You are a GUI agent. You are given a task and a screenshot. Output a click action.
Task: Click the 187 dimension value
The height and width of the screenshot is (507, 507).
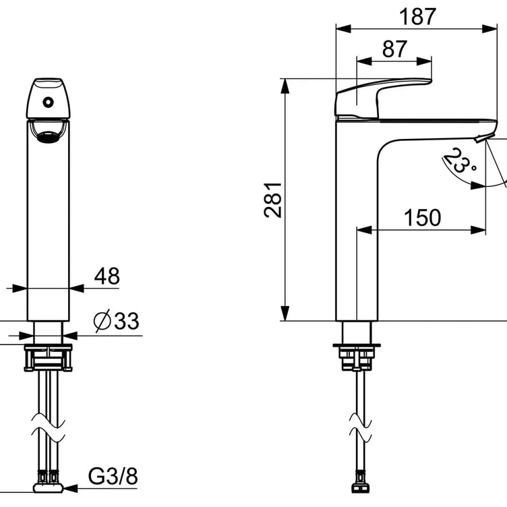417,16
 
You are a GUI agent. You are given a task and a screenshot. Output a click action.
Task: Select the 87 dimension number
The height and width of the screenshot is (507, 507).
394,49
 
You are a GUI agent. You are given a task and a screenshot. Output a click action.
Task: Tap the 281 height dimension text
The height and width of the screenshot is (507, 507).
273,200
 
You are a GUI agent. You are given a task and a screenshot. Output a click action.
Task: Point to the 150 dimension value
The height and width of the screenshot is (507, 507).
422,218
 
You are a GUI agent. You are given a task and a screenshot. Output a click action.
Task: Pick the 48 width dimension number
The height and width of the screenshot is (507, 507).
107,276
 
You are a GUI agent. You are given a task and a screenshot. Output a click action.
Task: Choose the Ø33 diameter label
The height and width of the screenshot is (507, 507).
117,321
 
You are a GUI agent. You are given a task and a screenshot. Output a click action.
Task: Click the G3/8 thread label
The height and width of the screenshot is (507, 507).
113,476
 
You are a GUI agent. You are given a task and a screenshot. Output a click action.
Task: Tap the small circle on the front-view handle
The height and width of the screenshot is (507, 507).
48,102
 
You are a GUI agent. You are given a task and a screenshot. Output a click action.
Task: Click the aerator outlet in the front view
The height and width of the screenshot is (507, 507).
48,137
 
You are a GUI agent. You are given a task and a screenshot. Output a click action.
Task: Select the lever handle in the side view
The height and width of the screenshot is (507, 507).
383,98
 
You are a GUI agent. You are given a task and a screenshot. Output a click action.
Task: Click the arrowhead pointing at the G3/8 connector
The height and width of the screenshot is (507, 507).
70,488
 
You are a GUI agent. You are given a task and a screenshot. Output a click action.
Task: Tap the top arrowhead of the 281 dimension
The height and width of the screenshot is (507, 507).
285,86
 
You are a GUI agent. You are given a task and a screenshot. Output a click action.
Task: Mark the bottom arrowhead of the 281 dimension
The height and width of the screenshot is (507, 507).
285,314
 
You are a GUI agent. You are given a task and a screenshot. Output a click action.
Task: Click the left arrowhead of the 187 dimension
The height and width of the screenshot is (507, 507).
343,29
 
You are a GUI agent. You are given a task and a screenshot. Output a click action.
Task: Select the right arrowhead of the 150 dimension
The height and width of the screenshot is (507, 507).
478,230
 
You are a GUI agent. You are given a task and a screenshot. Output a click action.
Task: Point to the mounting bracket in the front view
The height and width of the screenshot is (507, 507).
48,357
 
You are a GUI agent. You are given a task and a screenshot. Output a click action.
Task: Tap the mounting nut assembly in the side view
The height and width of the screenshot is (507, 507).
357,357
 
